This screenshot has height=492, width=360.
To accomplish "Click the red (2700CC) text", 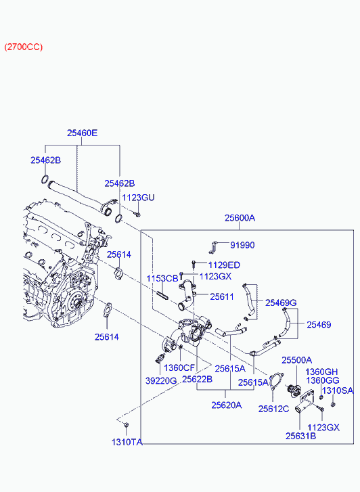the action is click(x=24, y=47).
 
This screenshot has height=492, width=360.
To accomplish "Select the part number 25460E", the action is click(x=83, y=133).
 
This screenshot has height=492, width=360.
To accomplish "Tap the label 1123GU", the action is click(x=138, y=198).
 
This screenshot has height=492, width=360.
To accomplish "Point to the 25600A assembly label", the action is click(x=240, y=218).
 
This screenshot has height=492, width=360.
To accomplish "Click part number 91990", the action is click(x=242, y=245).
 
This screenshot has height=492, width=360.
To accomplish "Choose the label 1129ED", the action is click(x=224, y=265).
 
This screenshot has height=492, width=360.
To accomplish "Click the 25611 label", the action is click(x=222, y=296).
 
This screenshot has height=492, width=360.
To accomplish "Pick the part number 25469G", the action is click(x=281, y=303).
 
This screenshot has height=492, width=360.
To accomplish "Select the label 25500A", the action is click(x=296, y=360).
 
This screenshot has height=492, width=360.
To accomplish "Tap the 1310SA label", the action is click(x=338, y=390).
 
